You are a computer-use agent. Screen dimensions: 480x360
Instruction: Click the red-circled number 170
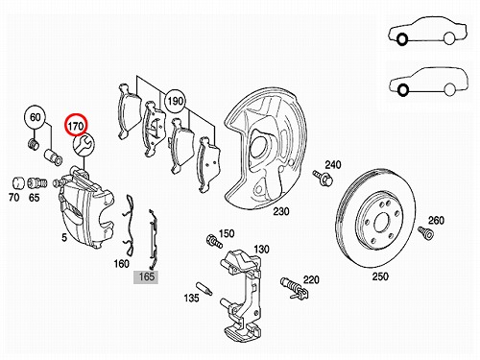click(x=76, y=126)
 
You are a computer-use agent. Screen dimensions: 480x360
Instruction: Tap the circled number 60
click(x=35, y=117)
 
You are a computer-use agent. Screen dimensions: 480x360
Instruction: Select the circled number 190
click(x=176, y=102)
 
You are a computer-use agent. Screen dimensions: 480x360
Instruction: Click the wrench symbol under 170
click(x=84, y=145)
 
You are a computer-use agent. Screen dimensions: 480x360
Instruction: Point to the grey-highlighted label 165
click(x=147, y=276)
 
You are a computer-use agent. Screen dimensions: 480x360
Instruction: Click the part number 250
click(x=380, y=276)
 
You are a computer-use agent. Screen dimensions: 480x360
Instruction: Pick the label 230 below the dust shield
click(x=281, y=211)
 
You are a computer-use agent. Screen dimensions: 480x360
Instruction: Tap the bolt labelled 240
click(x=323, y=178)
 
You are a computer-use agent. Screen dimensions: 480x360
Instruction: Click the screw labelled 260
click(x=425, y=232)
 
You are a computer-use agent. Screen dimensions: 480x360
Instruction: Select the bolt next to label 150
click(x=214, y=241)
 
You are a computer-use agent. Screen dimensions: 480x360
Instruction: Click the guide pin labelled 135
click(x=204, y=288)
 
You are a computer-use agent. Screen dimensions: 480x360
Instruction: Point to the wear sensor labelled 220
click(x=294, y=288)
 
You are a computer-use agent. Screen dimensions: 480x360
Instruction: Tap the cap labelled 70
click(x=18, y=182)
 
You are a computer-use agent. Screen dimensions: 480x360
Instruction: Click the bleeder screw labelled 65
click(x=37, y=183)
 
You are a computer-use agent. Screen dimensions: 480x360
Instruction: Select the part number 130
click(x=261, y=249)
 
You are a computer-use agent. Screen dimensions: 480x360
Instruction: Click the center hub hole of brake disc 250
click(x=381, y=222)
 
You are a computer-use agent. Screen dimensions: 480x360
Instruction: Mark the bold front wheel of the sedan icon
click(x=401, y=39)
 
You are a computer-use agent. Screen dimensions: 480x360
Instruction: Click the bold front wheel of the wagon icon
click(x=402, y=89)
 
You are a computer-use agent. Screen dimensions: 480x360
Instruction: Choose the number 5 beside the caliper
click(x=64, y=237)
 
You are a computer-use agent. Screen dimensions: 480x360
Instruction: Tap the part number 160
click(x=122, y=264)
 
